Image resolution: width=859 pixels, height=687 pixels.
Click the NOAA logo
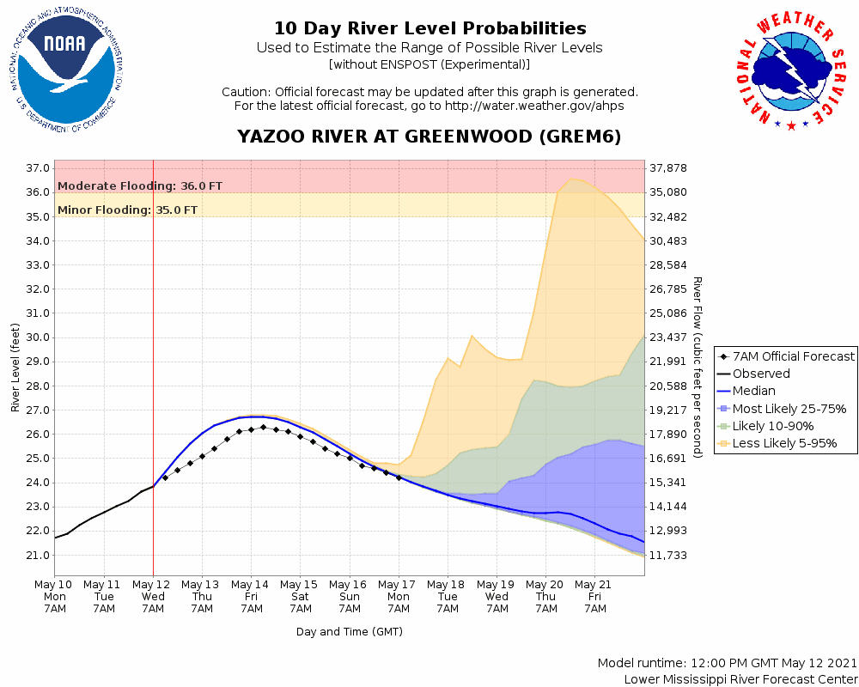(x=65, y=74)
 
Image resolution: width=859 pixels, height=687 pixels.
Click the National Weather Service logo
(x=791, y=74)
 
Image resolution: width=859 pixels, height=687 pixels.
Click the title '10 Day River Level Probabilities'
(x=429, y=29)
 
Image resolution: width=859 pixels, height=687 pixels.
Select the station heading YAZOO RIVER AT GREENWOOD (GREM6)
(x=429, y=137)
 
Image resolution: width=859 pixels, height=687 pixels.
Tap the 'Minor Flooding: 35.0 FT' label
(x=127, y=210)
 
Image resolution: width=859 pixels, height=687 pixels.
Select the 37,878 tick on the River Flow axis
(x=668, y=168)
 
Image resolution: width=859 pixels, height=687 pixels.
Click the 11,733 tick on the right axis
(x=668, y=555)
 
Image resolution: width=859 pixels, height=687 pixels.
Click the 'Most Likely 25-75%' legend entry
(x=789, y=409)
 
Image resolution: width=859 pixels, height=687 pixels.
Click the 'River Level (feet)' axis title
(x=15, y=367)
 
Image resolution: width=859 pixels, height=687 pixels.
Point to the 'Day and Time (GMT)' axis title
(x=350, y=631)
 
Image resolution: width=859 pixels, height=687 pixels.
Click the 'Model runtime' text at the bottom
(x=727, y=663)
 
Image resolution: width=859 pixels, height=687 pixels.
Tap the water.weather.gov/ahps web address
(x=533, y=106)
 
